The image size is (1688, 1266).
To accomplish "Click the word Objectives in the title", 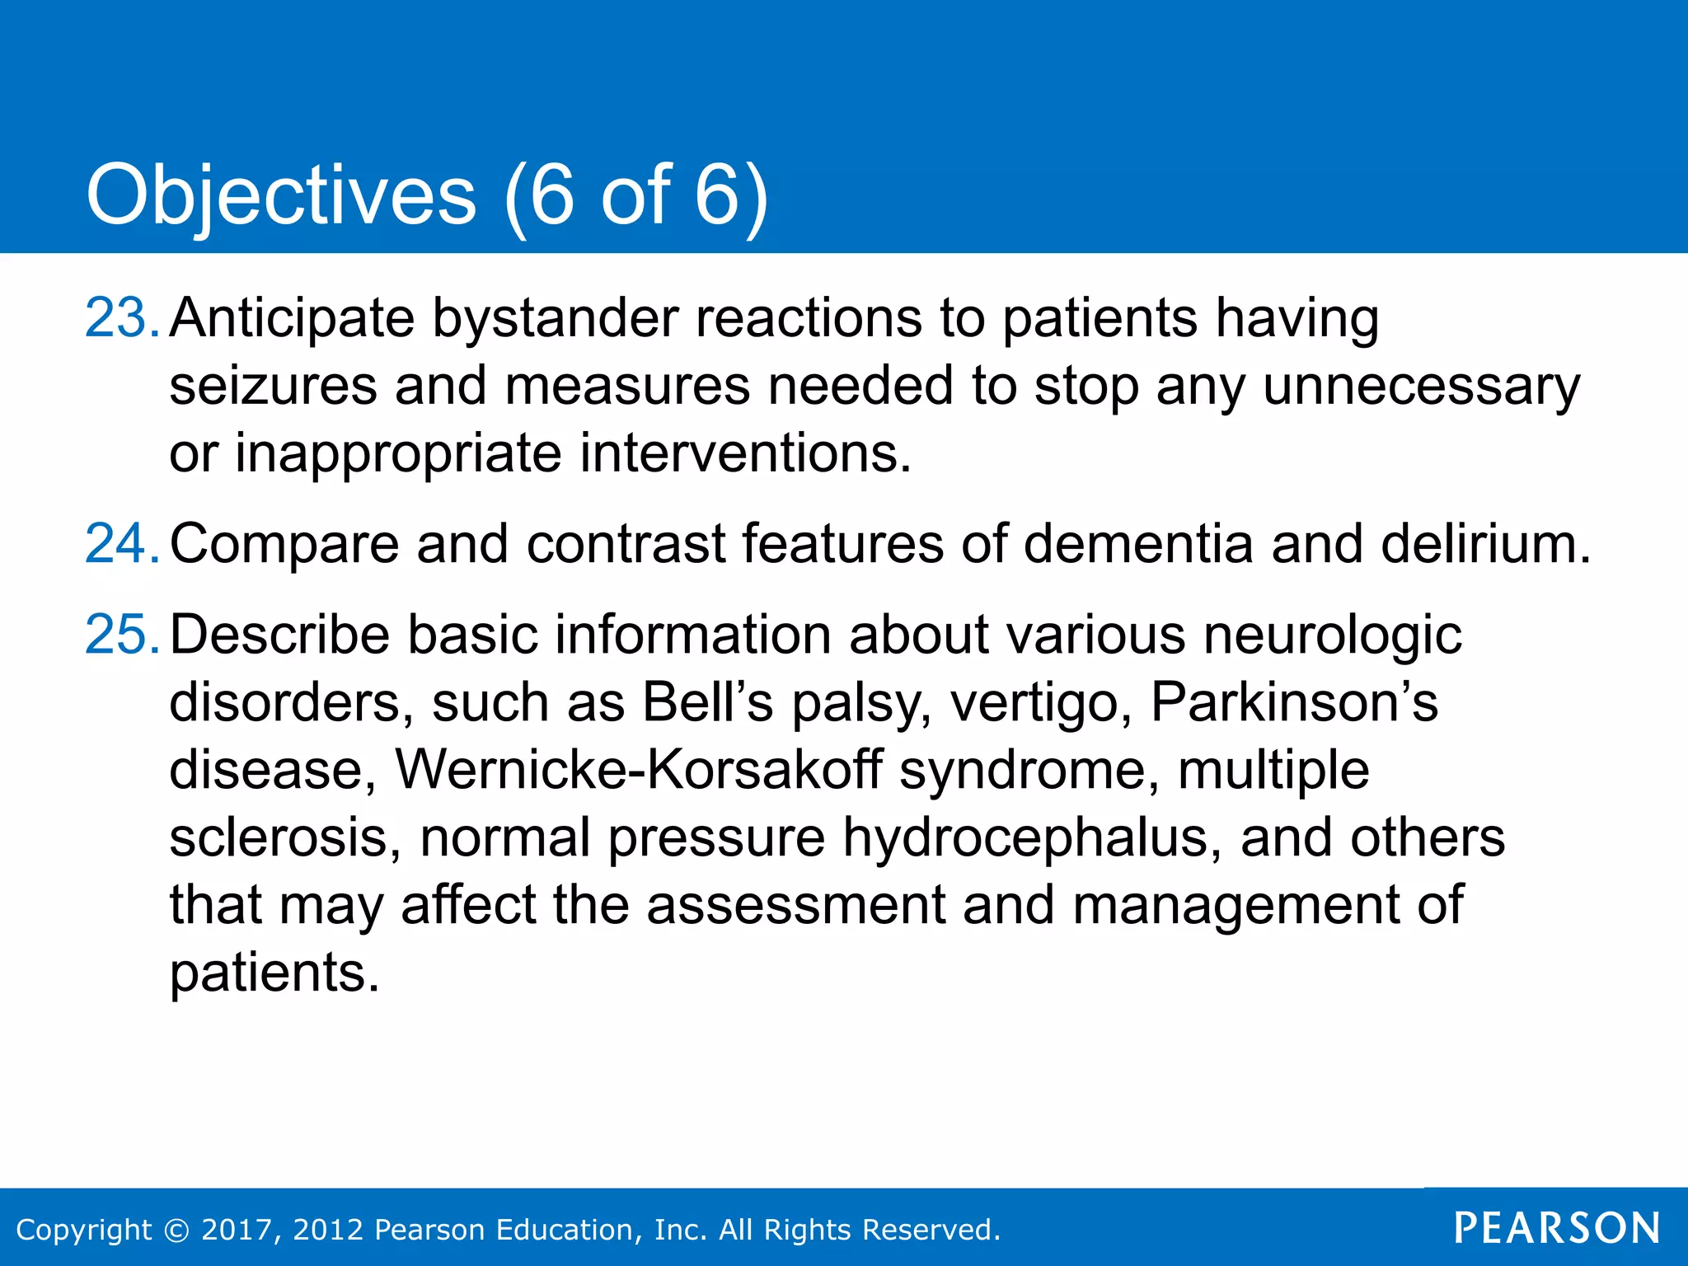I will point(281,195).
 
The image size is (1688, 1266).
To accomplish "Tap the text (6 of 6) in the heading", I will point(635,195).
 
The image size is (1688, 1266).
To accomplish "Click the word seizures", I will point(273,386).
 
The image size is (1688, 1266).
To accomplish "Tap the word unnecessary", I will point(1421,386).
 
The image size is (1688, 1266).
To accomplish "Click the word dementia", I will point(1138,544).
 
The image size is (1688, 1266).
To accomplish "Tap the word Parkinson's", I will point(1293,702).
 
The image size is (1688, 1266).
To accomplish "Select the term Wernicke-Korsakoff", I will point(639,770).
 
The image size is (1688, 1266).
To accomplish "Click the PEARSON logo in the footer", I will point(1556,1228).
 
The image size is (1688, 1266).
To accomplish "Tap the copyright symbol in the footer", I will point(176,1230).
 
